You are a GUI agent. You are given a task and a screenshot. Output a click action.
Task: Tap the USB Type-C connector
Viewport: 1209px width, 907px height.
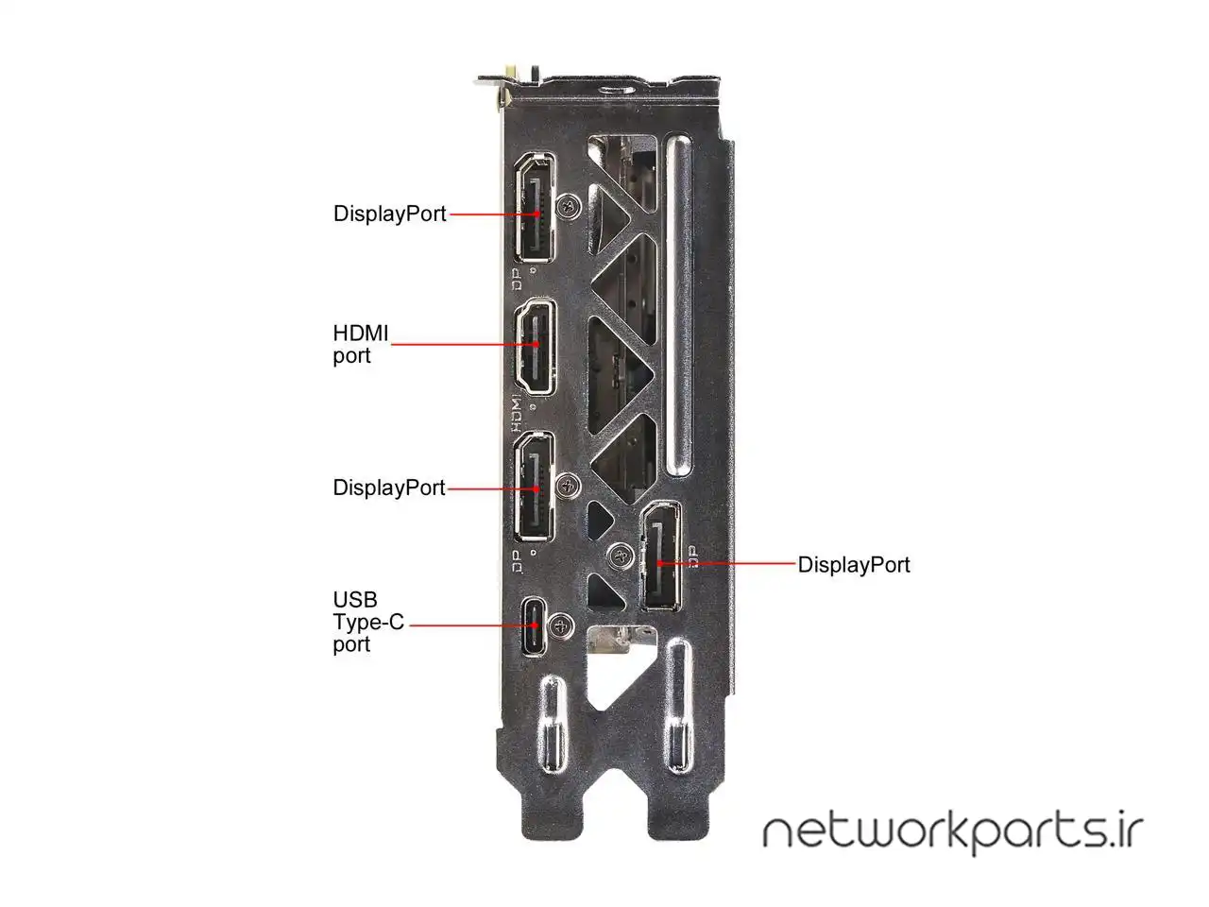535,625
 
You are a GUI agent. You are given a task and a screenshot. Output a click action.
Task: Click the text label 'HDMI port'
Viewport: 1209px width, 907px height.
360,344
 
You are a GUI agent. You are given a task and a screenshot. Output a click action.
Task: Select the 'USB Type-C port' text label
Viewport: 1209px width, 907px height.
367,622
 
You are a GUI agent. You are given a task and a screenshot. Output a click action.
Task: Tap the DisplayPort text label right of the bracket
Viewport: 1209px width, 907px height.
854,564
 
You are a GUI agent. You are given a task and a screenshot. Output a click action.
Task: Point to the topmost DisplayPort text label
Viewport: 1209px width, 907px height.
389,214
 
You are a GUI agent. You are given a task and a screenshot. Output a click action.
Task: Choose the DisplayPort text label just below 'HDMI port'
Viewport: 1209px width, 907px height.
388,488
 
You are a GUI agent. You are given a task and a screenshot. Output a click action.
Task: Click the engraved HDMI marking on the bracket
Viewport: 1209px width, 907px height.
516,407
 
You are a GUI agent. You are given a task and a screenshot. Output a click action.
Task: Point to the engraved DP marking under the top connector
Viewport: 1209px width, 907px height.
516,278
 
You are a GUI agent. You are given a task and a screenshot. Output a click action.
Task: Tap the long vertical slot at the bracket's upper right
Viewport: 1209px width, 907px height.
678,307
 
